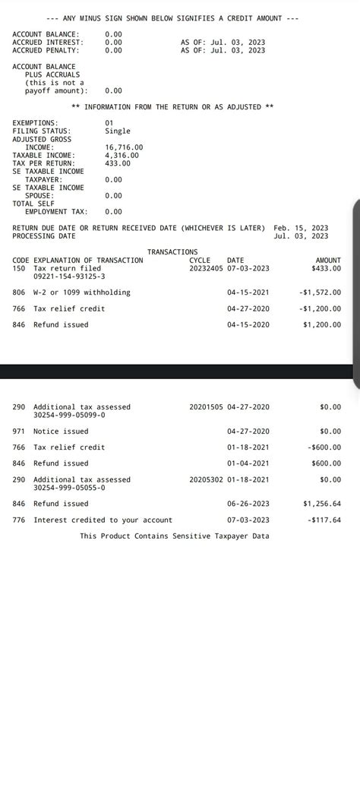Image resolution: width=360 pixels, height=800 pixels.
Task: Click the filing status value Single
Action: coord(117,131)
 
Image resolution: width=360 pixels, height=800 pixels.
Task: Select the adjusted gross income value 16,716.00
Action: coord(124,147)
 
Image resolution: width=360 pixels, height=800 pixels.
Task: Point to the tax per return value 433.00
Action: coord(117,163)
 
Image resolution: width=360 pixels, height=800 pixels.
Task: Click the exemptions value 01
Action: coord(109,122)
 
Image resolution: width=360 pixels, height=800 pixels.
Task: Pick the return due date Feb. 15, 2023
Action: coord(301,228)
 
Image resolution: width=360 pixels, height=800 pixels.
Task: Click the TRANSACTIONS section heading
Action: coord(172,251)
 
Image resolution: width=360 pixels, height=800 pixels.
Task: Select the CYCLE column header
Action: coord(200,260)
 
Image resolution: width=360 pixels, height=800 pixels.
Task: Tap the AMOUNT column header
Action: coord(328,260)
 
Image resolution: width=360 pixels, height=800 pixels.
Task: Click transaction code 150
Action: coord(19,268)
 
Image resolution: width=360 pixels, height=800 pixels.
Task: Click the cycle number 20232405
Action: coord(206,268)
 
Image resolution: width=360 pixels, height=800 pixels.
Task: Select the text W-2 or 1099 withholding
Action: coord(82,292)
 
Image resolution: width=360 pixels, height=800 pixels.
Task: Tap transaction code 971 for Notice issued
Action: coord(19,431)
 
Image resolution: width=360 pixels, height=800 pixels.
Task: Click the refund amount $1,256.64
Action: coord(322,504)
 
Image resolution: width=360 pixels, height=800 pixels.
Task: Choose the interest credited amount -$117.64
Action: coord(324,520)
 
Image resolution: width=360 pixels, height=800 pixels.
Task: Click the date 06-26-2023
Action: coord(248,504)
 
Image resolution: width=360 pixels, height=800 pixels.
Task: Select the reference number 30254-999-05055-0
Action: coord(69,488)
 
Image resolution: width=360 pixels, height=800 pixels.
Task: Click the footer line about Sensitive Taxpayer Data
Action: coord(175,536)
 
